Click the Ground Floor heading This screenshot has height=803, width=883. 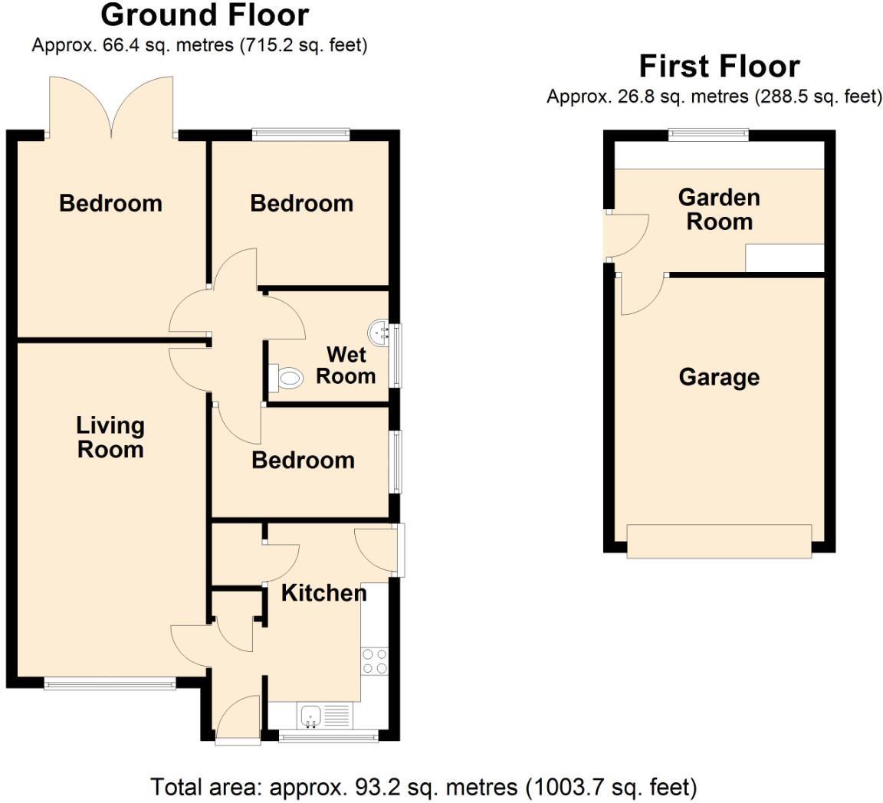pos(205,15)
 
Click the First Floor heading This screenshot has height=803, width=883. pos(719,67)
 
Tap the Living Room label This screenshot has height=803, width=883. pos(110,437)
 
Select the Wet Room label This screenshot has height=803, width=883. pos(346,365)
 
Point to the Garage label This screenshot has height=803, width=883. pos(719,377)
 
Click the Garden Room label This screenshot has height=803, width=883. pos(719,209)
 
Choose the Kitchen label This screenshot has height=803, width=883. pos(323,592)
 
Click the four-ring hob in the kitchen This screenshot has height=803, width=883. pos(374,660)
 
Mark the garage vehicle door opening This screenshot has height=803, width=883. pos(719,541)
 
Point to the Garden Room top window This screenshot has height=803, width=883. pos(708,134)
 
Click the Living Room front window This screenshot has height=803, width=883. pos(110,683)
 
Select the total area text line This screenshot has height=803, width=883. pos(424,787)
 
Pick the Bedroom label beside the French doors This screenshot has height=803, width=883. pos(110,203)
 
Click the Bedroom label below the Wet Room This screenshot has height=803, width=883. pos(303,460)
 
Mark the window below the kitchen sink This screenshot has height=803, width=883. pos(328,738)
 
